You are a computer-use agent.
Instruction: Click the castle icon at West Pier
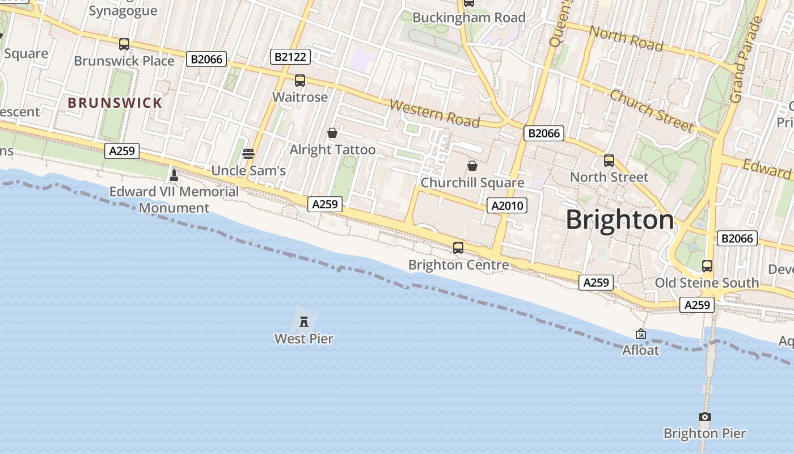pos(304,322)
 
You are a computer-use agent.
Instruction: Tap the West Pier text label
pos(304,339)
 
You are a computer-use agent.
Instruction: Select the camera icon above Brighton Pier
pos(705,417)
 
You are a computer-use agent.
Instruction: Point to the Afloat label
pos(641,350)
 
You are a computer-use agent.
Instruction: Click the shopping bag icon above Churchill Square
pos(472,166)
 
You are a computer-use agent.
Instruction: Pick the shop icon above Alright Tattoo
pos(332,133)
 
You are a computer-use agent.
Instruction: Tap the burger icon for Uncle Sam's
pos(248,154)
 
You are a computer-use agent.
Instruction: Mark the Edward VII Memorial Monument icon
pos(174,175)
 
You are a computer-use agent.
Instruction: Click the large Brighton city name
pos(620,220)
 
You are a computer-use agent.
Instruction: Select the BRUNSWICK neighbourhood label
pos(115,103)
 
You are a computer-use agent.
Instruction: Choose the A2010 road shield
pos(507,205)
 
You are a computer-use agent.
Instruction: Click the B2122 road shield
pos(290,56)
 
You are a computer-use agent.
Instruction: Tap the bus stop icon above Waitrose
pos(300,81)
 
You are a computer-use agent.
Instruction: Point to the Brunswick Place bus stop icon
pos(124,44)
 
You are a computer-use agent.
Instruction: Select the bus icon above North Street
pos(609,161)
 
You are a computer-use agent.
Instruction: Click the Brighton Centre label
pos(458,265)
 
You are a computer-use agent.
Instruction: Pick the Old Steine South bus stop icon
pos(707,266)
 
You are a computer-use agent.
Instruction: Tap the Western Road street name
pos(435,113)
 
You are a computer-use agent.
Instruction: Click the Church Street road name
pos(652,110)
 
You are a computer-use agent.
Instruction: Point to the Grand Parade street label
pos(746,60)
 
